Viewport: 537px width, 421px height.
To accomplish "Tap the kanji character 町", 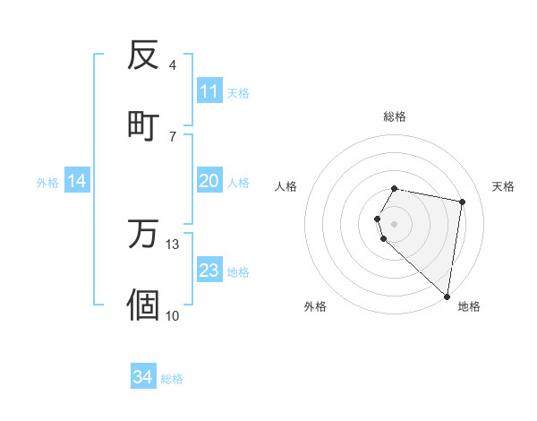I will click(x=143, y=124).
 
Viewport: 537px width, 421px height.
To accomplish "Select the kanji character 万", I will click(x=143, y=235).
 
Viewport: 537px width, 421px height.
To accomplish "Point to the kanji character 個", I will click(x=143, y=304).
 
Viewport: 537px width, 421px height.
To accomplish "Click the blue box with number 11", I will click(x=209, y=91).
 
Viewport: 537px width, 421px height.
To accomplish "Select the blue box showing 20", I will click(x=209, y=181).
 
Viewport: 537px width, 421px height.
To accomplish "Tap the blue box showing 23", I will click(x=209, y=271).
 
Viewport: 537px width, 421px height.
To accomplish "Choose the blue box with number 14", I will click(x=77, y=181).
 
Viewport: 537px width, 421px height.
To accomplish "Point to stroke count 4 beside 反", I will click(x=173, y=64).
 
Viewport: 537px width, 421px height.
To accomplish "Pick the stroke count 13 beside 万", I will click(x=173, y=245).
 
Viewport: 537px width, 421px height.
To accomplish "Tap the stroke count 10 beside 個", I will click(x=173, y=314).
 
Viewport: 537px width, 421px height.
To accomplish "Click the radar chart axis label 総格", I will click(x=395, y=116).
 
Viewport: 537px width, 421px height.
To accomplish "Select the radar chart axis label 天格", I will click(x=503, y=186).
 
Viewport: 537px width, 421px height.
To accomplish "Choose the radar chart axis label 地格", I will click(x=469, y=307).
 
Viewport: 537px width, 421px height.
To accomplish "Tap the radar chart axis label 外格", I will click(x=315, y=307).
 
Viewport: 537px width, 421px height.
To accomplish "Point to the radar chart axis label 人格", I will click(x=286, y=186).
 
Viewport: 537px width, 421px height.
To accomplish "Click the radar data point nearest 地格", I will click(x=447, y=296).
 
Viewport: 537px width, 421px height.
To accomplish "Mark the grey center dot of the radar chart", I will click(x=395, y=223).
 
